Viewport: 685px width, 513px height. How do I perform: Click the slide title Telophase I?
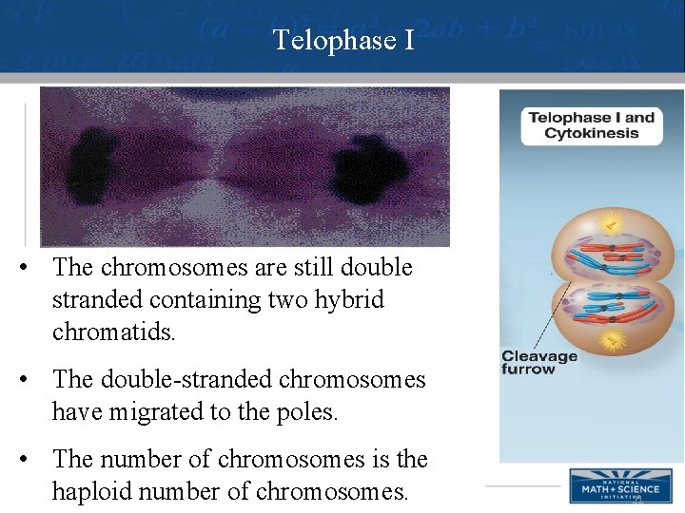click(x=342, y=40)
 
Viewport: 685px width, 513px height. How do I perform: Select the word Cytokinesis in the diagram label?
click(x=591, y=133)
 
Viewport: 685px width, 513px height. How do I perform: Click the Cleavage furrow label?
click(x=539, y=362)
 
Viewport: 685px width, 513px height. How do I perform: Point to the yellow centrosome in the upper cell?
click(x=614, y=225)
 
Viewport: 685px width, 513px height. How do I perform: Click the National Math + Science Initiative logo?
click(x=614, y=485)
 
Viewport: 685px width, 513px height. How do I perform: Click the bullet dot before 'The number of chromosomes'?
click(x=32, y=460)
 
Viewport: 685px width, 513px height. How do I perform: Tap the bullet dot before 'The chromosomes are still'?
click(x=32, y=268)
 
